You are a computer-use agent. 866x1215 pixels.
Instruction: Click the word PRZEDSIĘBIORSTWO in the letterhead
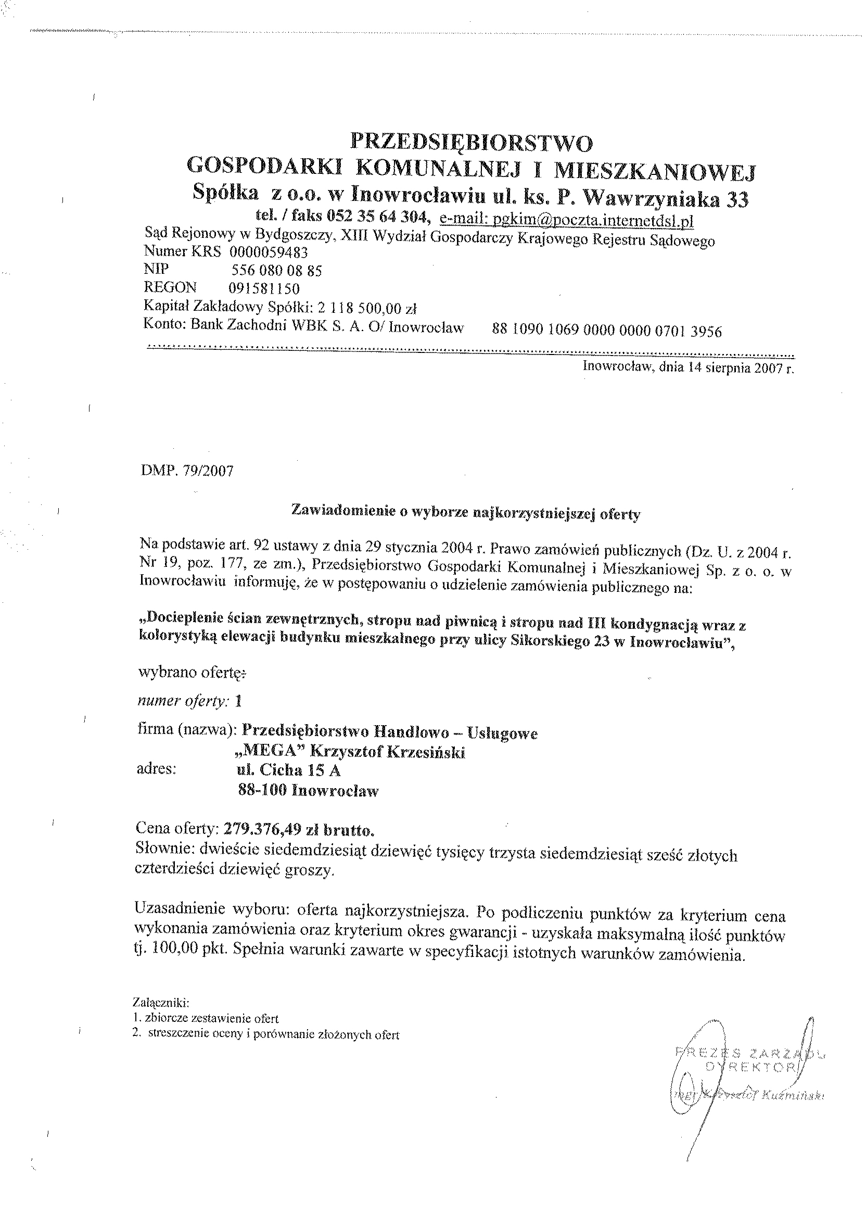pos(471,143)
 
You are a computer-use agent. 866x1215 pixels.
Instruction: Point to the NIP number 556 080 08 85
pos(275,271)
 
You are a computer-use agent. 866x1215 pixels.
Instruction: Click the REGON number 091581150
pos(264,288)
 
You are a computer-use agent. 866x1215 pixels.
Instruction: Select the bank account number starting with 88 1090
pos(606,331)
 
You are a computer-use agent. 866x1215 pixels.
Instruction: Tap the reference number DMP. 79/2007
pos(187,472)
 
